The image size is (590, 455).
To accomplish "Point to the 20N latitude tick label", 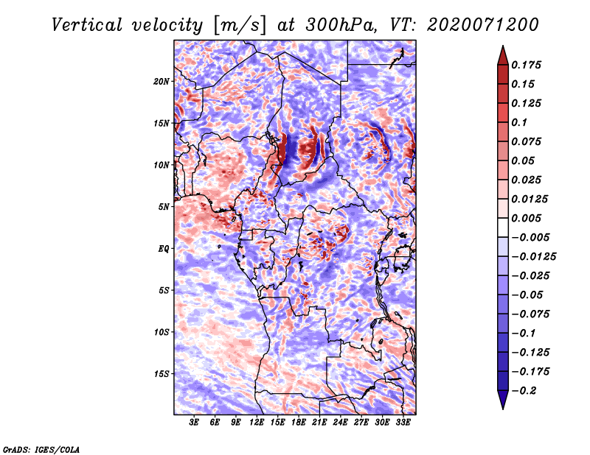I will click(x=162, y=81).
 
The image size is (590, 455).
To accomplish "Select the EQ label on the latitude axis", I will click(x=164, y=249).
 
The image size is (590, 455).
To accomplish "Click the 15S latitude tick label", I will click(x=162, y=374).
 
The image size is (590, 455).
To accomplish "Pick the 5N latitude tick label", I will click(x=164, y=207).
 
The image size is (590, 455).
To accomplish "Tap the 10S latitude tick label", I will click(x=162, y=332).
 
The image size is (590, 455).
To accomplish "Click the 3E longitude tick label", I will click(x=195, y=423).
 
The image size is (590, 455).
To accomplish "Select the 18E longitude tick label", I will click(x=299, y=423).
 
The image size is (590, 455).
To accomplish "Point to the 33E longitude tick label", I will click(x=403, y=423).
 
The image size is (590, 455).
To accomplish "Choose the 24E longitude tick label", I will click(x=341, y=423).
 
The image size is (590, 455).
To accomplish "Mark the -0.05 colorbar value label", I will click(x=530, y=295).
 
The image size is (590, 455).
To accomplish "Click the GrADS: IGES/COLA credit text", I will click(x=41, y=448).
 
